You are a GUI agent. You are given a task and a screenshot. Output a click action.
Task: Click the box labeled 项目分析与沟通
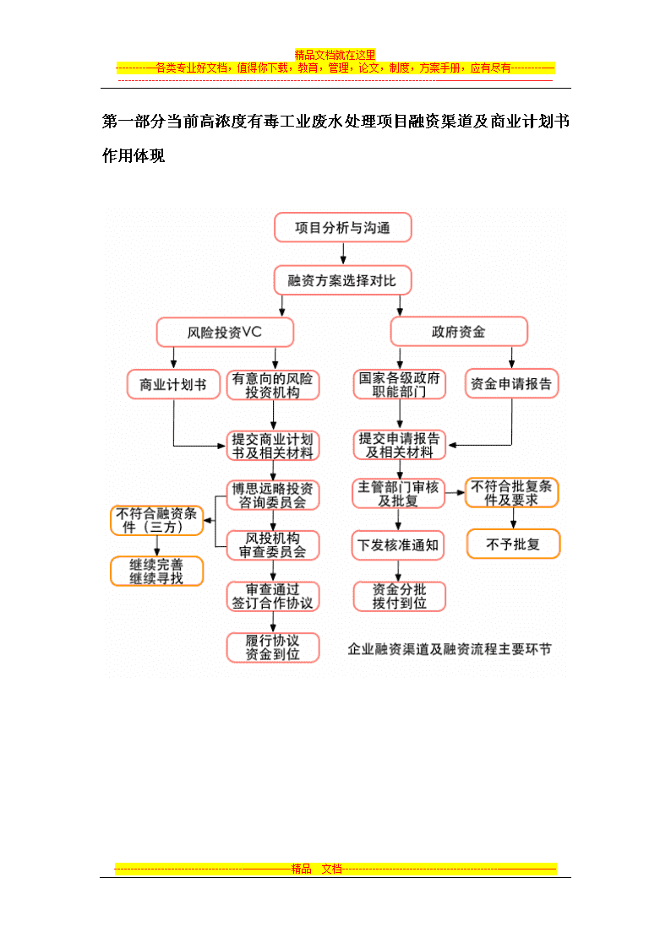(342, 227)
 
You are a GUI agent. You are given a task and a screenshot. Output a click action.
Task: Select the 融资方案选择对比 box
(342, 280)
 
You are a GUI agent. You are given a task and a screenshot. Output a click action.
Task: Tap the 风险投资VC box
(225, 332)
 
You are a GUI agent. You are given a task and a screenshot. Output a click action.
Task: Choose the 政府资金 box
(459, 331)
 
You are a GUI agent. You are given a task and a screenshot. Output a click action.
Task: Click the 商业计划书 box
(173, 385)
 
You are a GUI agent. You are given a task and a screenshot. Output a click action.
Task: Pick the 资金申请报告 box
(511, 383)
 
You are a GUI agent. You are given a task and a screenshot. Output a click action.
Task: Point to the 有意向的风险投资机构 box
(273, 385)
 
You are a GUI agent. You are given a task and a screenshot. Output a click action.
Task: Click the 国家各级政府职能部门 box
(400, 385)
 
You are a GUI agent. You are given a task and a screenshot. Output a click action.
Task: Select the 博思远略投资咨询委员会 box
(273, 496)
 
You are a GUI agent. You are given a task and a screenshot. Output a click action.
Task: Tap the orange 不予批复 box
(513, 544)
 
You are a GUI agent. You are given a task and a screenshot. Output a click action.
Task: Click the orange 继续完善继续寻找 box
(156, 572)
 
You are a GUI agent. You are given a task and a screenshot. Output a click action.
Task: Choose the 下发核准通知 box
(398, 545)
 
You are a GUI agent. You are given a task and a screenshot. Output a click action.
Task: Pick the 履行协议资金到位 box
(273, 647)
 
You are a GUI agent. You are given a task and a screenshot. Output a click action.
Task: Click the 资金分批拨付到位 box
(400, 596)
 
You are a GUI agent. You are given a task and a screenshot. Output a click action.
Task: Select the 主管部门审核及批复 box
(398, 493)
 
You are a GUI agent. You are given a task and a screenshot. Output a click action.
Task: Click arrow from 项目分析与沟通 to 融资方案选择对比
(343, 254)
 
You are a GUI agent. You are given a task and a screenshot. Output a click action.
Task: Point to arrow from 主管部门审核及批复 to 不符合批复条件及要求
(455, 493)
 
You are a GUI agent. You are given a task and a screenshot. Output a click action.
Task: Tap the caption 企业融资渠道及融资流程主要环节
(450, 649)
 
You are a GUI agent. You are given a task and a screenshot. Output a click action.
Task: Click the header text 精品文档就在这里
(335, 55)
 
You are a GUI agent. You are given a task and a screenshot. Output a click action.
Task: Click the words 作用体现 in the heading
(134, 156)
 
